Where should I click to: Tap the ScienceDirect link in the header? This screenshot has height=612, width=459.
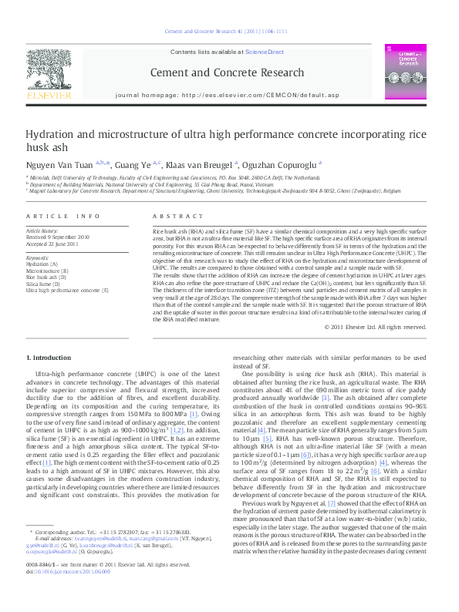pos(265,52)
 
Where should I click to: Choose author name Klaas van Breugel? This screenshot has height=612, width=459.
pos(197,163)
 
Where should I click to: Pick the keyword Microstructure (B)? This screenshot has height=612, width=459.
pos(47,271)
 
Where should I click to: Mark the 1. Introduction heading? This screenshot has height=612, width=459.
pos(50,358)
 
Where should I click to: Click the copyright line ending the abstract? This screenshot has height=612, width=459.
pos(381,327)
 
